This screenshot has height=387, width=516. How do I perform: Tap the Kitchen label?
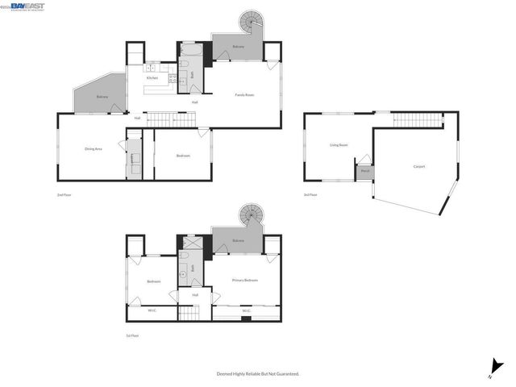[x=151, y=77]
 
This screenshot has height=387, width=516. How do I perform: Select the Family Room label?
[x=246, y=95]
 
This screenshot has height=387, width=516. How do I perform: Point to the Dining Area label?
[x=94, y=149]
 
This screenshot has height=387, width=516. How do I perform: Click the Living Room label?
[x=339, y=145]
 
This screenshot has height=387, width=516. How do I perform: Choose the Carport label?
[x=419, y=167]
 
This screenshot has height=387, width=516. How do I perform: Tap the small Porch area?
[x=364, y=171]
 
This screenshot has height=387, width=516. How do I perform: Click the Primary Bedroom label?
[x=245, y=280]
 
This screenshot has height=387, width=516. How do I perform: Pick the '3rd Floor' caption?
[x=310, y=195]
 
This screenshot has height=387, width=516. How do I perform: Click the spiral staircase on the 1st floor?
[x=250, y=216]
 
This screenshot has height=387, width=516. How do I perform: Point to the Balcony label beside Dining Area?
[x=102, y=97]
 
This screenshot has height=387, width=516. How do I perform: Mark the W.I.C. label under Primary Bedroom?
[x=246, y=310]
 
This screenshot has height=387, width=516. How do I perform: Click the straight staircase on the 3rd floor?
[x=418, y=121]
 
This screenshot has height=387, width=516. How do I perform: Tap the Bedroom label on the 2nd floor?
[x=184, y=156]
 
